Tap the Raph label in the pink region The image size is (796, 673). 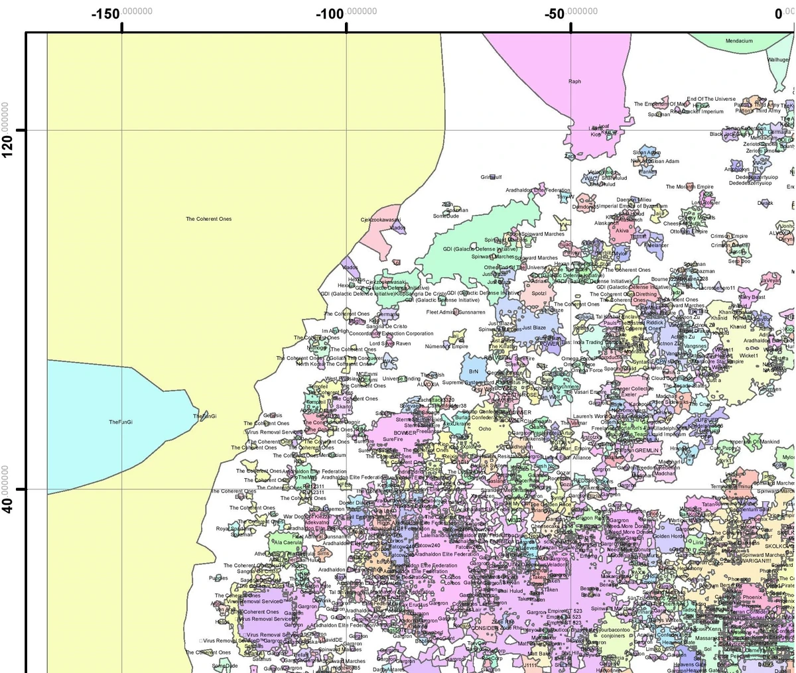(x=574, y=82)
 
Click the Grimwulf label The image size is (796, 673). (x=491, y=177)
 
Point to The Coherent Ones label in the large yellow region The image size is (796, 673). (x=208, y=219)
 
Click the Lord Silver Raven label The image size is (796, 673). (x=389, y=343)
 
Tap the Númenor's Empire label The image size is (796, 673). (x=446, y=346)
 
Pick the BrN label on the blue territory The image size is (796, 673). (x=474, y=372)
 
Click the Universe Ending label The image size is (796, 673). (x=401, y=379)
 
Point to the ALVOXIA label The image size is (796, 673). (x=428, y=385)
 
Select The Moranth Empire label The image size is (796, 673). (x=689, y=187)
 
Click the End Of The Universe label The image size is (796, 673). (x=710, y=99)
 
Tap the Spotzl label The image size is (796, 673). (x=539, y=294)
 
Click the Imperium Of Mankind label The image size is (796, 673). (x=755, y=442)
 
